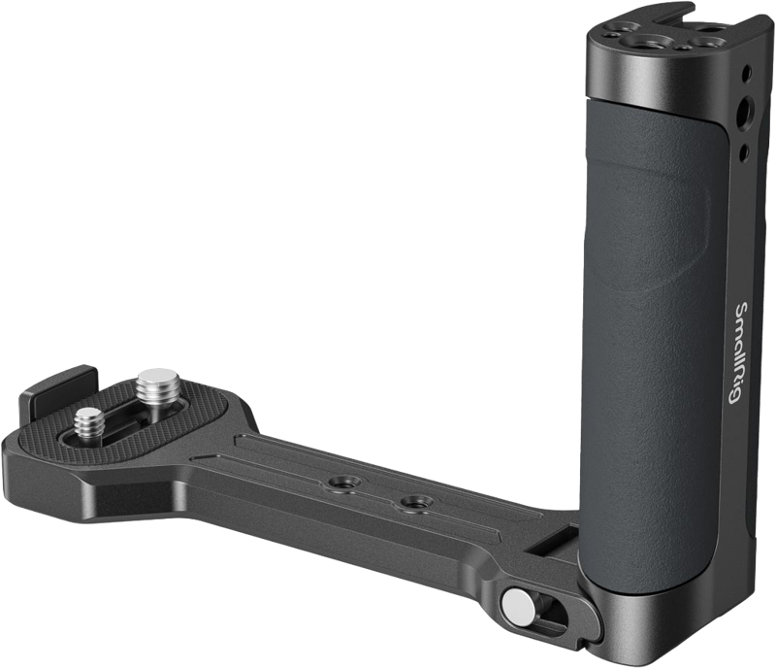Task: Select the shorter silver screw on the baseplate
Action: [88, 423]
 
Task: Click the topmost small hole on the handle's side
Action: [749, 73]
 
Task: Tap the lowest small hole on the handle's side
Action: [742, 151]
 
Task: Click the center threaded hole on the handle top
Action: [648, 38]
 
